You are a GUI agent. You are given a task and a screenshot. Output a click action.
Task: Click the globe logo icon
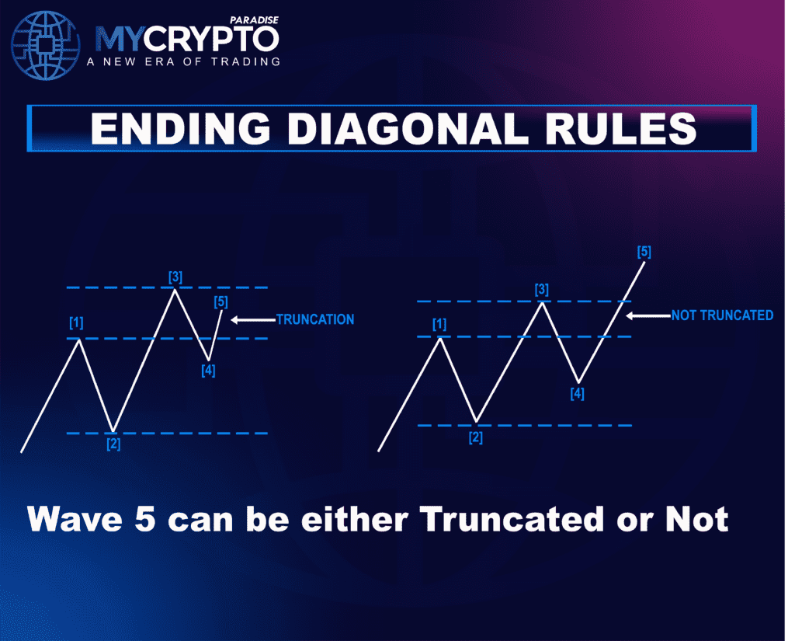(x=46, y=46)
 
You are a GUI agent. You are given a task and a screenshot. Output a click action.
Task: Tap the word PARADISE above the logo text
(x=254, y=20)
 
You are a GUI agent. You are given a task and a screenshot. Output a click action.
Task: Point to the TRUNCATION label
(x=315, y=319)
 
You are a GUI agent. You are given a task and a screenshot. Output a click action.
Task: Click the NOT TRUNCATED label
(x=722, y=315)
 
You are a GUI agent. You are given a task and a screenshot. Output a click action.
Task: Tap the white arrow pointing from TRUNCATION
(x=253, y=320)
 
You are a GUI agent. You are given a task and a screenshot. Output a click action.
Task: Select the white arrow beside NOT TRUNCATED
(x=648, y=315)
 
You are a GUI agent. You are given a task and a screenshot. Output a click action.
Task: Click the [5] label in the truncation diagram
(x=220, y=302)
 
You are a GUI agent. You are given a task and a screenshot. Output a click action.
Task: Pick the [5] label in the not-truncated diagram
(x=644, y=252)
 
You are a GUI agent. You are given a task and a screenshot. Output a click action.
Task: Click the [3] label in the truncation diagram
(x=175, y=277)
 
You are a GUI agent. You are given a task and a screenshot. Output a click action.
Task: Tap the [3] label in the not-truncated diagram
(x=541, y=290)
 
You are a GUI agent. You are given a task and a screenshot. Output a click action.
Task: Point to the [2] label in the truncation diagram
(x=113, y=444)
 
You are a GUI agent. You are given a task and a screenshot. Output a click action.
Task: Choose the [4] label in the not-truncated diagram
(x=577, y=394)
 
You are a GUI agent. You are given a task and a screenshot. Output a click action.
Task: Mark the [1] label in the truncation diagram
(x=76, y=322)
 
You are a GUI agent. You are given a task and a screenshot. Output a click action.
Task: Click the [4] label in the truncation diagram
(x=208, y=371)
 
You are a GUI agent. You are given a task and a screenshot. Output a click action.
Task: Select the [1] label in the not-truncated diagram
(x=439, y=324)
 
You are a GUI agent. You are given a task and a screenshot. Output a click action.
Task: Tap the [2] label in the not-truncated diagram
(x=475, y=437)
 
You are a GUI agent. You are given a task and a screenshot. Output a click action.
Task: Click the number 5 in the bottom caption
(x=145, y=519)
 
